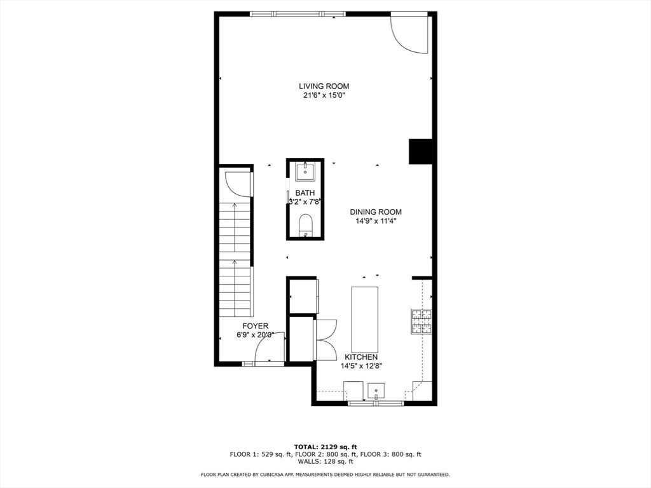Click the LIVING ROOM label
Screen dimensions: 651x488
coord(324,86)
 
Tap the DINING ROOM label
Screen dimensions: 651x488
coord(375,212)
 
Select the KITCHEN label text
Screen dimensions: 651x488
coord(361,357)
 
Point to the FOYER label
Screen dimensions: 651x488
coord(256,326)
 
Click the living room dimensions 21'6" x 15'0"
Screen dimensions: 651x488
coord(324,95)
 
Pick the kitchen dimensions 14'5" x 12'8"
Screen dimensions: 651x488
coord(361,366)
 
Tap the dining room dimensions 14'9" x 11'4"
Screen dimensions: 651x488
coord(375,221)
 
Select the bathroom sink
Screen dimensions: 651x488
coord(305,172)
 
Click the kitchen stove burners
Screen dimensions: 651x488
coord(421,322)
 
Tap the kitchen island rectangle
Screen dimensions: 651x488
coord(364,319)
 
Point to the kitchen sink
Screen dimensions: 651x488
coord(376,391)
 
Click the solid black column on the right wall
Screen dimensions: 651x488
coord(421,151)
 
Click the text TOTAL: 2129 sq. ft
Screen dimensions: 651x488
coord(325,447)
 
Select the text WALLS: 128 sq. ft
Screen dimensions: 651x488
coord(325,461)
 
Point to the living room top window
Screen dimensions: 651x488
coord(298,14)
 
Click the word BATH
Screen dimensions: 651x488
coord(305,193)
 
